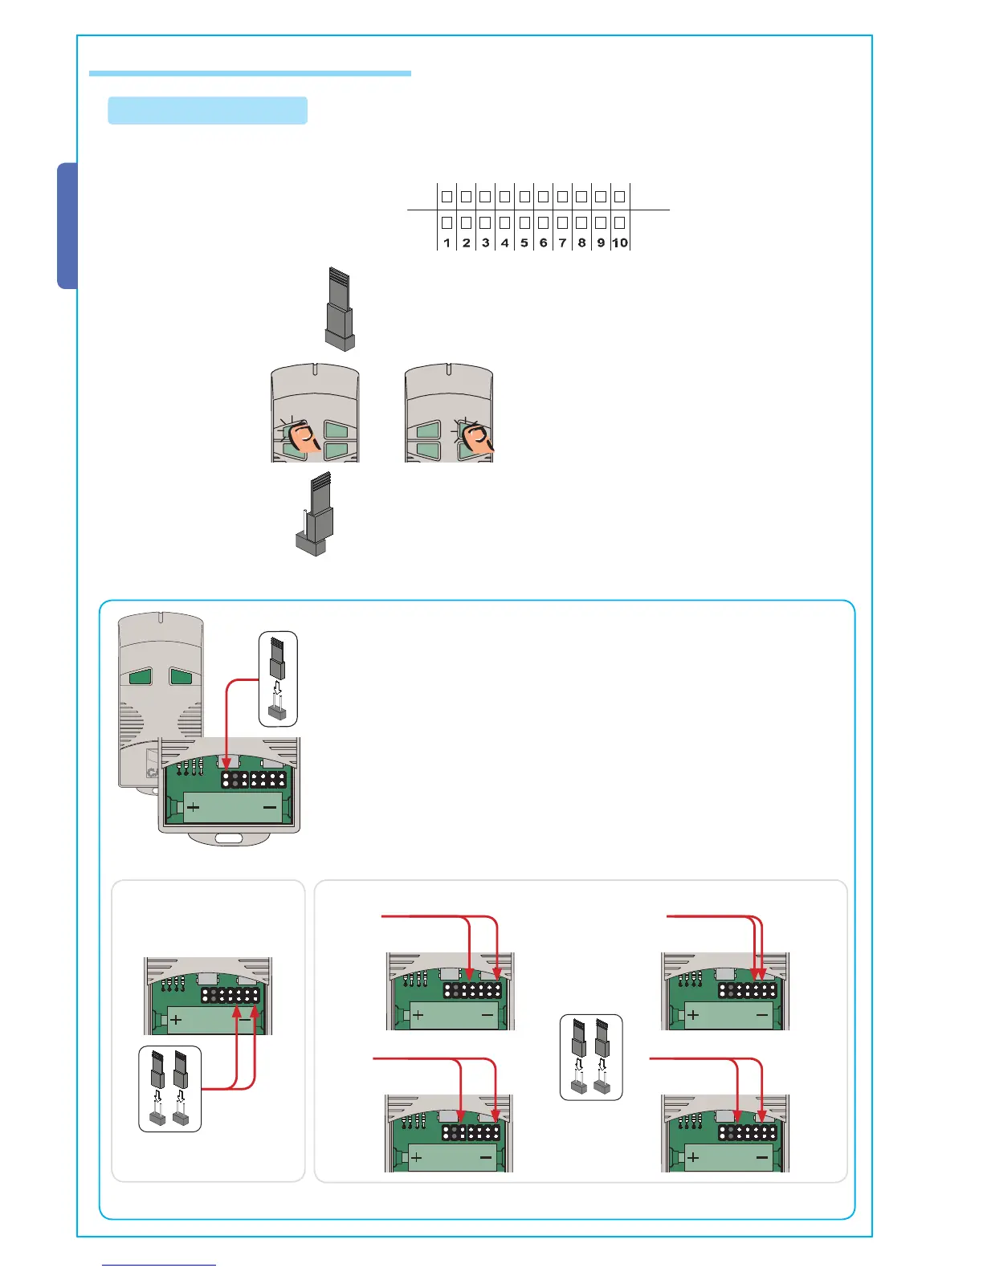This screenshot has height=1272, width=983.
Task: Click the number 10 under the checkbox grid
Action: (620, 243)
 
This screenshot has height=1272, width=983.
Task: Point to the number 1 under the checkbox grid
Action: (447, 243)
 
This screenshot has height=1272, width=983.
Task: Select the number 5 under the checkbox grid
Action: (524, 243)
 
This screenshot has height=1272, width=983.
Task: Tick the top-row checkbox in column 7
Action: (562, 196)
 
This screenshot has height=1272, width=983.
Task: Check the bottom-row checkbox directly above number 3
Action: (485, 222)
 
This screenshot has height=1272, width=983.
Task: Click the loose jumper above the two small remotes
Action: (340, 309)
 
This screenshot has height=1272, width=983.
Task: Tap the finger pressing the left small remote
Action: (304, 438)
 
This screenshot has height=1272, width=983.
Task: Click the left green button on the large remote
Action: (141, 677)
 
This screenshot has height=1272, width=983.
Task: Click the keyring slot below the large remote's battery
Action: (228, 838)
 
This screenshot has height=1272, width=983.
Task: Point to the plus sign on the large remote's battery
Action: (194, 806)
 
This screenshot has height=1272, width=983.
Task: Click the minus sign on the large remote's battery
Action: (269, 806)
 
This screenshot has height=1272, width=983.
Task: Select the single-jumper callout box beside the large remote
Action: (278, 679)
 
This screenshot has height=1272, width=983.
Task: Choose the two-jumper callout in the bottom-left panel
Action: (169, 1089)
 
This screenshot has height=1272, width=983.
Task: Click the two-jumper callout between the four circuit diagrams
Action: (591, 1057)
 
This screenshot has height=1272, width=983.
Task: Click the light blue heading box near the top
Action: (208, 111)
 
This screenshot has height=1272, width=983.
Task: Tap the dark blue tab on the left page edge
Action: (67, 226)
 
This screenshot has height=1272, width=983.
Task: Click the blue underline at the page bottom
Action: (159, 1265)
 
